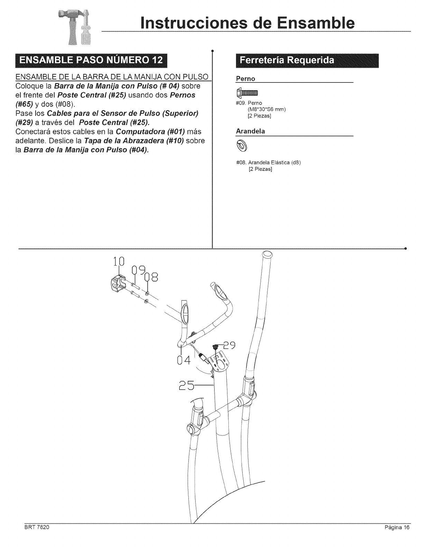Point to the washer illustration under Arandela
(x=242, y=146)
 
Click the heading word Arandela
(x=250, y=131)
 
